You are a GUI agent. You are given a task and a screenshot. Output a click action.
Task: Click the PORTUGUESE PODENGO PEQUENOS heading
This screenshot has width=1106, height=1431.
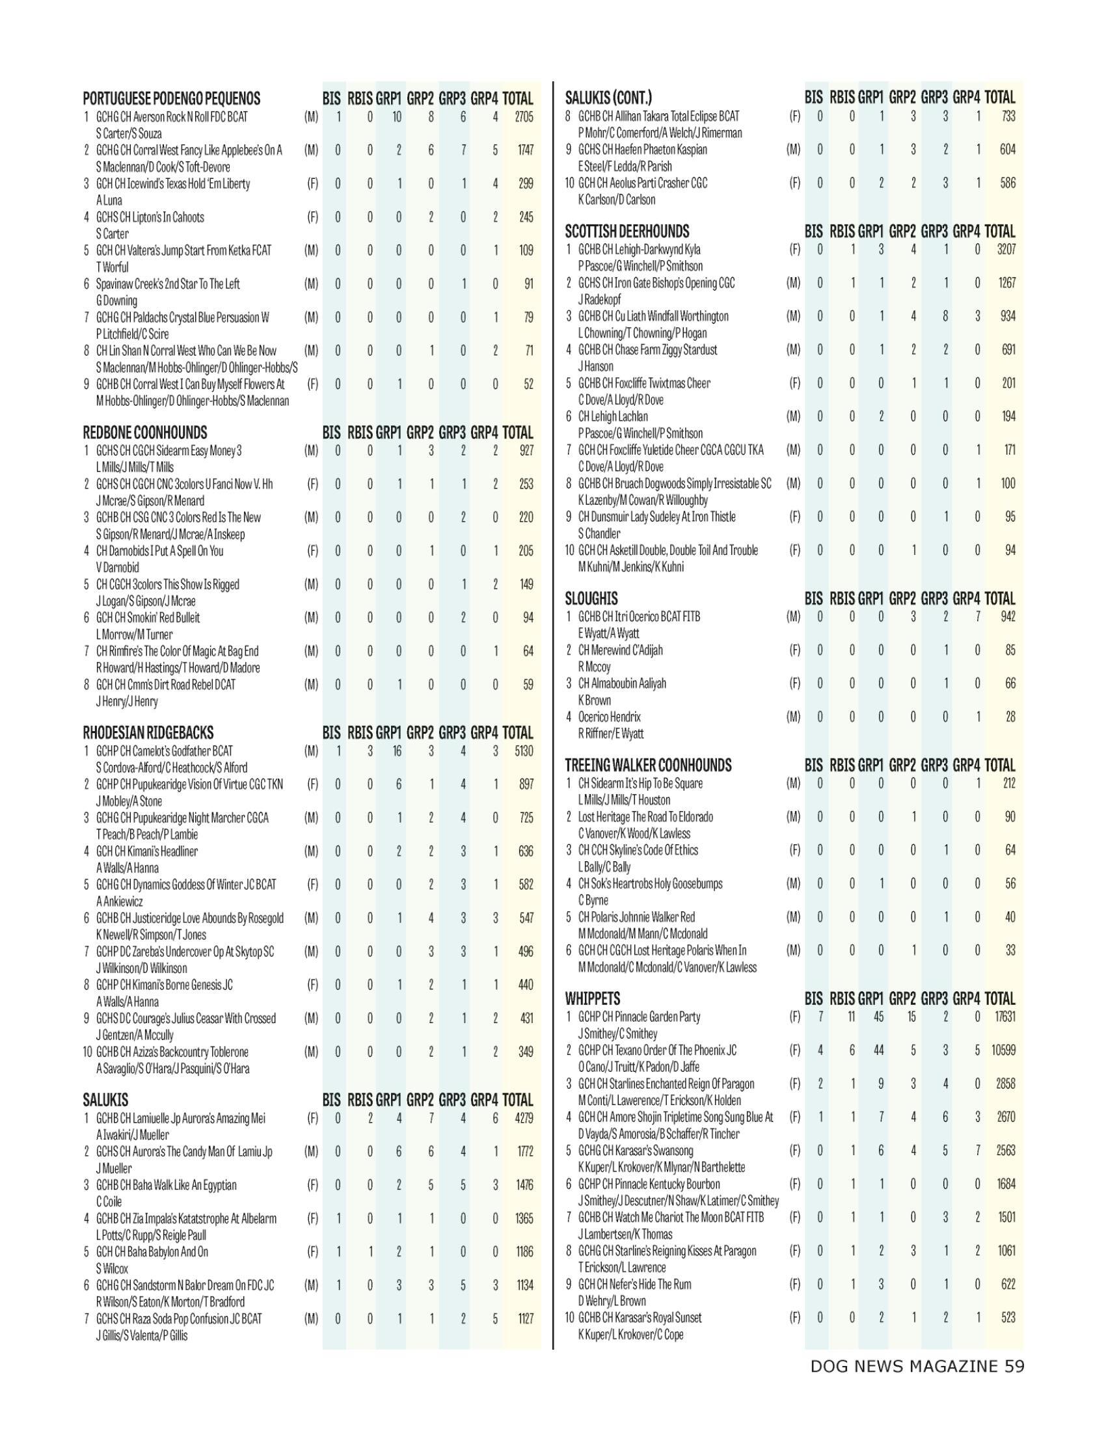point(171,99)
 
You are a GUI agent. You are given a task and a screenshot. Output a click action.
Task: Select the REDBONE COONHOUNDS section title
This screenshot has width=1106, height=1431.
point(145,433)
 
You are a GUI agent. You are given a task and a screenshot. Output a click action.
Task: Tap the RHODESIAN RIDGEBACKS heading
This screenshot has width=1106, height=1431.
point(148,732)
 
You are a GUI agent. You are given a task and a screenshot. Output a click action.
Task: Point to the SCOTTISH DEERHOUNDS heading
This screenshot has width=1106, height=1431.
point(627,232)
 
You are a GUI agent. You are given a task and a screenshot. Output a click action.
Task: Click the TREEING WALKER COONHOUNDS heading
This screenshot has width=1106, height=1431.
point(648,766)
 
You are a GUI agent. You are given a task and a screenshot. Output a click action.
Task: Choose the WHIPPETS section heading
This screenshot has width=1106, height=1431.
point(592,999)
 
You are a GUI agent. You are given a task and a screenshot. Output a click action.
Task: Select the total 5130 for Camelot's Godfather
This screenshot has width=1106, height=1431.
point(524,751)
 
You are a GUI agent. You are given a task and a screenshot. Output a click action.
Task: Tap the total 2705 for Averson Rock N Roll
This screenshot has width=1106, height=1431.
point(524,117)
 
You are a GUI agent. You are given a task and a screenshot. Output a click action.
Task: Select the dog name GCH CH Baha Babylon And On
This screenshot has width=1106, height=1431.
point(152,1252)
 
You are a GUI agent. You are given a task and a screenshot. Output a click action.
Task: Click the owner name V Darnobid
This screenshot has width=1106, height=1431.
point(117,567)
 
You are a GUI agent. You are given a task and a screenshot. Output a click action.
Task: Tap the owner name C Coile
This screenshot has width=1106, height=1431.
point(109,1201)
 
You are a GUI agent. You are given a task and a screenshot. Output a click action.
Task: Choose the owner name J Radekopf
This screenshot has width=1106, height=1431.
point(599,299)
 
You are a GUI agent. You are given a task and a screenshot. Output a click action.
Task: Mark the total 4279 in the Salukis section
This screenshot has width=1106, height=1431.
point(524,1119)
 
